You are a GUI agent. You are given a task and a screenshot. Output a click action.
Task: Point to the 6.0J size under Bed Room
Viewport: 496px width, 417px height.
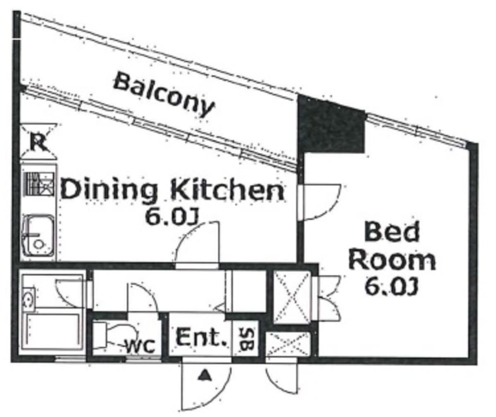pos(391,287)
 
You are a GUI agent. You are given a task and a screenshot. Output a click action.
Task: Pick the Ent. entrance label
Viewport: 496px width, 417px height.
pos(201,338)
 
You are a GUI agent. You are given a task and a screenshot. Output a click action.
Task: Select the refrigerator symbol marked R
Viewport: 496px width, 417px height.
pos(38,141)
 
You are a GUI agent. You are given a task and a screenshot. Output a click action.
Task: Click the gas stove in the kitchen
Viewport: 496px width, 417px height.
pos(39,184)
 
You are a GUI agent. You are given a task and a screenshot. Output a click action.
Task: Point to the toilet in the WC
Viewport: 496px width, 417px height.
pos(114,336)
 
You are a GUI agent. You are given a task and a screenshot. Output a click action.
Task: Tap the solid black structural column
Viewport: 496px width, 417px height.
pos(330,125)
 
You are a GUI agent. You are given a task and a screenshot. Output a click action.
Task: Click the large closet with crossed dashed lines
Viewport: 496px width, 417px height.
pos(292,297)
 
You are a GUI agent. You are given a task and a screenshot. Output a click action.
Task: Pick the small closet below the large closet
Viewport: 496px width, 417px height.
pos(288,344)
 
